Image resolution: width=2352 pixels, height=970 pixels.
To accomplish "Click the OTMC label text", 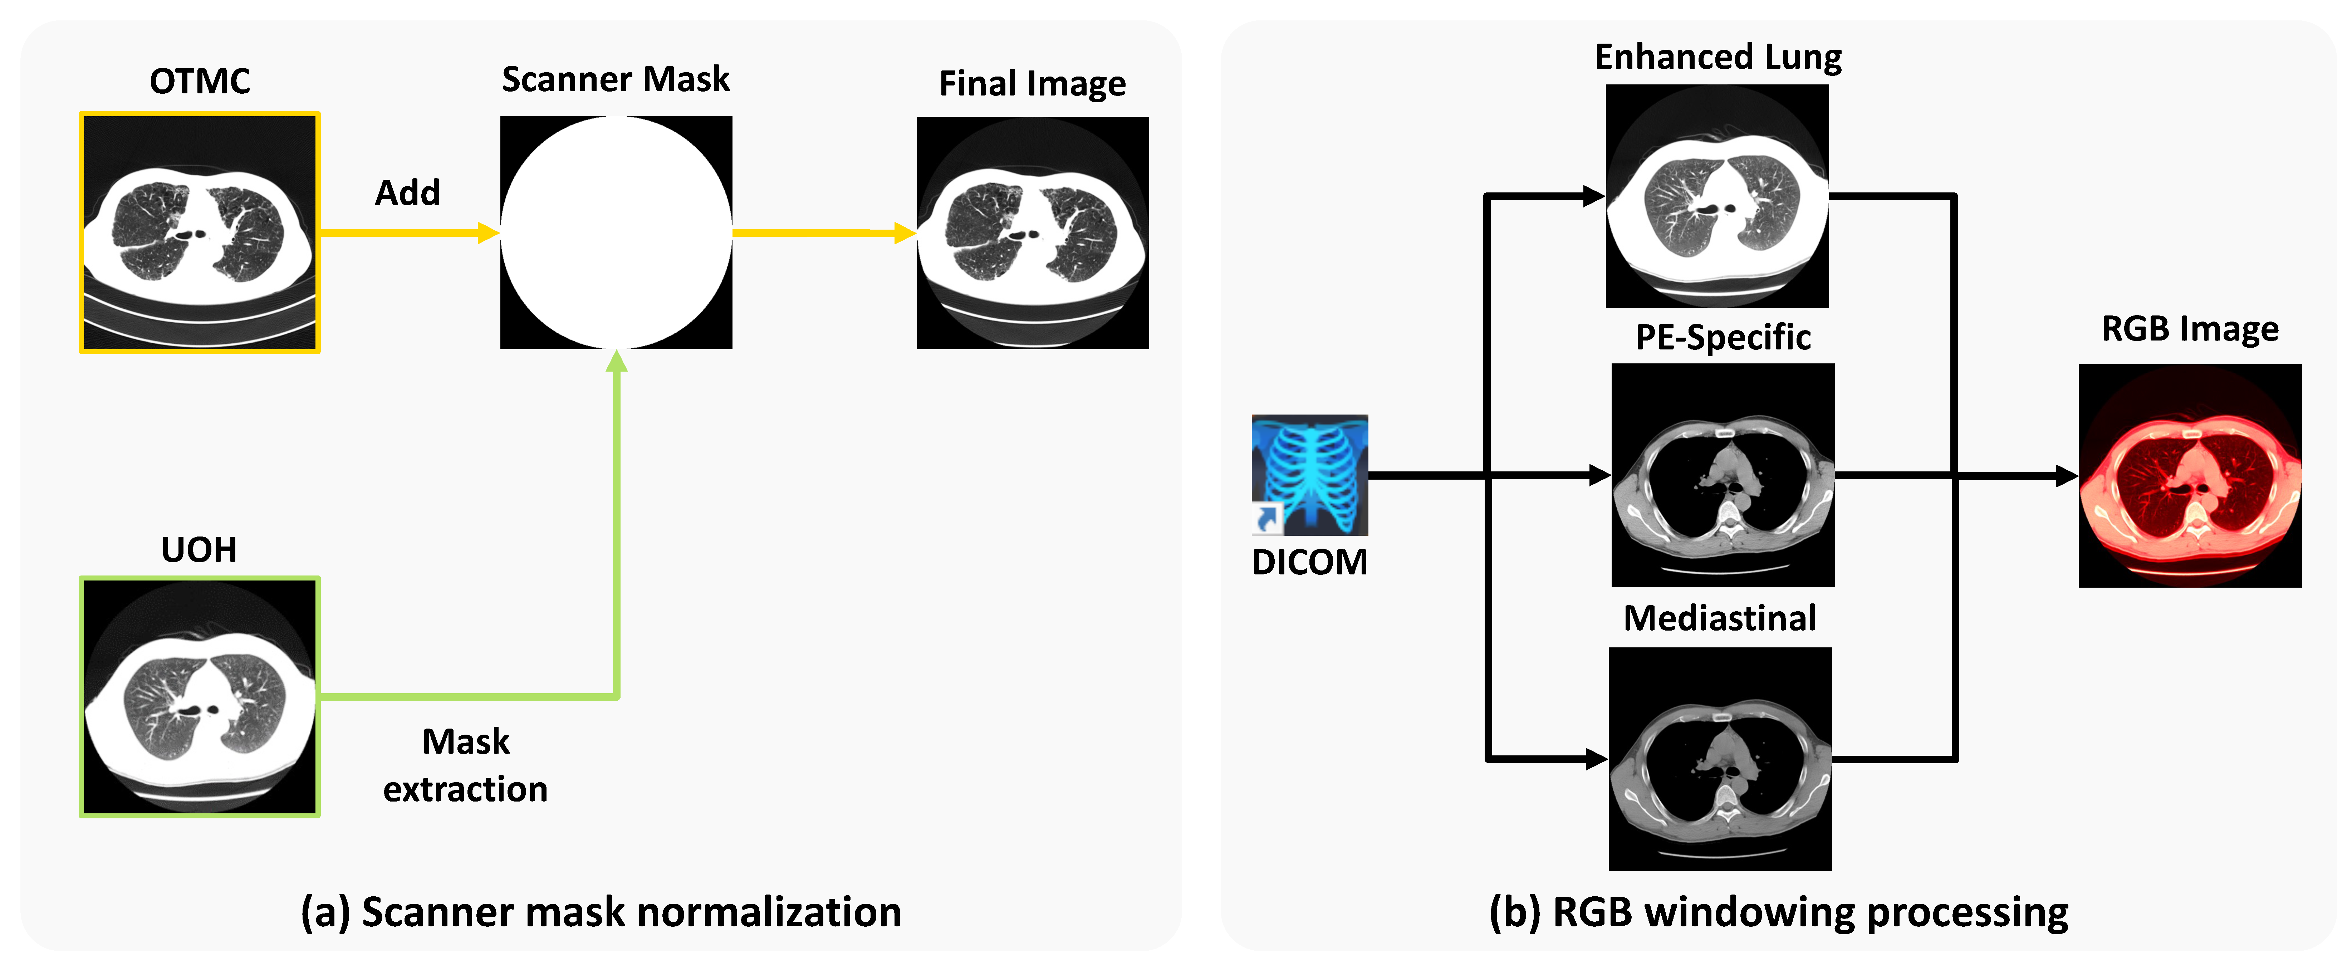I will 200,81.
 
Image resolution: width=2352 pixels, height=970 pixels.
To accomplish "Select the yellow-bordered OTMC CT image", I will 200,233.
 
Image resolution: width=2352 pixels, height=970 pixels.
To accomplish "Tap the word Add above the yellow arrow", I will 407,193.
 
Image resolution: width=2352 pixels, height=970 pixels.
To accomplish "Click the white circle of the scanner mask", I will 616,233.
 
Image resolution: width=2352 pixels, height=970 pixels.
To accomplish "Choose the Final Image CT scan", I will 1033,233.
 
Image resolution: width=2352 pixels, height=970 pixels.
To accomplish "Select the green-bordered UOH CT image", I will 200,697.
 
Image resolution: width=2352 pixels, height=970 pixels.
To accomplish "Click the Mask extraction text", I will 466,765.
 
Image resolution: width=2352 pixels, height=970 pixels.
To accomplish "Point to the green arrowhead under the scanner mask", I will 617,362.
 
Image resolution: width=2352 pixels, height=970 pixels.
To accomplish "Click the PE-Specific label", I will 1723,337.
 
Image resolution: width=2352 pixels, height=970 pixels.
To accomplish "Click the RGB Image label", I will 2190,329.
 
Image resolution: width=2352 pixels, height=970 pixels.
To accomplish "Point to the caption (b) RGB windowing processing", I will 1779,912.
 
